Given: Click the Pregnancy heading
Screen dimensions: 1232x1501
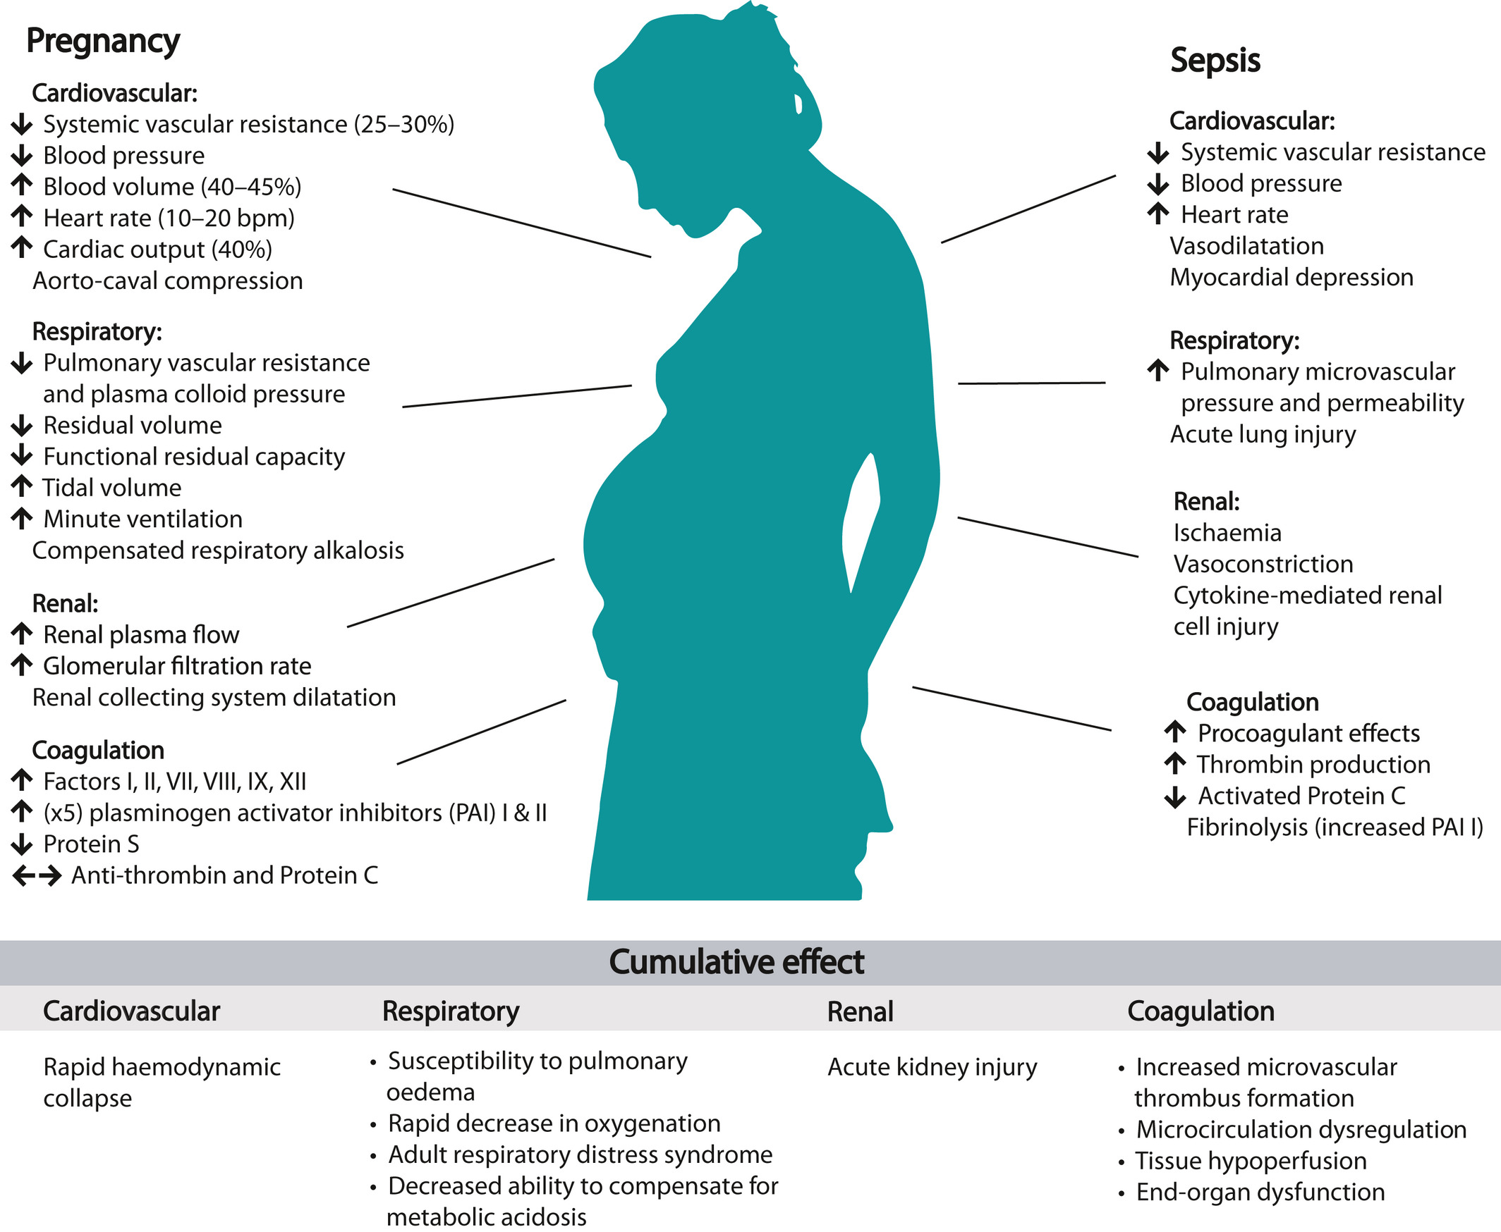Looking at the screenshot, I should pos(103,41).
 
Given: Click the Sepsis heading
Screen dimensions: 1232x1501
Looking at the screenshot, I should pos(1215,61).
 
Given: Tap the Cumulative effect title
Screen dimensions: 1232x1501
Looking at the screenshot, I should pos(736,962).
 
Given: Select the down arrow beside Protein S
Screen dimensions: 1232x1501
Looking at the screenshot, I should pos(22,844).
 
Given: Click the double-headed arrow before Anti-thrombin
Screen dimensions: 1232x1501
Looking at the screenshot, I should pos(37,876).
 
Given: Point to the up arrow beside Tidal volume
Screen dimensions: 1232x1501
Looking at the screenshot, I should pos(22,487).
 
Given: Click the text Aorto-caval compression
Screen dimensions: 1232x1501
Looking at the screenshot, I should pos(168,281).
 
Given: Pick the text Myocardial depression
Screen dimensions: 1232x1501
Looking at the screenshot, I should pos(1292,278).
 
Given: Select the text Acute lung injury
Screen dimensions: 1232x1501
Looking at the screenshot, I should pos(1263,434).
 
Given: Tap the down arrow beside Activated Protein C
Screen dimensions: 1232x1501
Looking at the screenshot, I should pos(1175,797).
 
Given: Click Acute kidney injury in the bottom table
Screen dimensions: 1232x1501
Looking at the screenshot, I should pos(932,1067).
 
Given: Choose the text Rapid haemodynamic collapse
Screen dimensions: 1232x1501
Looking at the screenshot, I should pos(162,1083).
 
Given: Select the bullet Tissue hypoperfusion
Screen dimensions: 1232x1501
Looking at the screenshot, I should pos(1251,1161).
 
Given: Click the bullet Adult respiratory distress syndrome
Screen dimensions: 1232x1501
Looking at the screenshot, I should pos(579,1154).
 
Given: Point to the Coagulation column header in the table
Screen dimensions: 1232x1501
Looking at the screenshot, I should pos(1201,1011).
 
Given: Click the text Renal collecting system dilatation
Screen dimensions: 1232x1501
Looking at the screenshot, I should pos(214,698).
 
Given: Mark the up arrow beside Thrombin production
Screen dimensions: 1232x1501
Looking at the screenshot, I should pos(1175,764).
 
